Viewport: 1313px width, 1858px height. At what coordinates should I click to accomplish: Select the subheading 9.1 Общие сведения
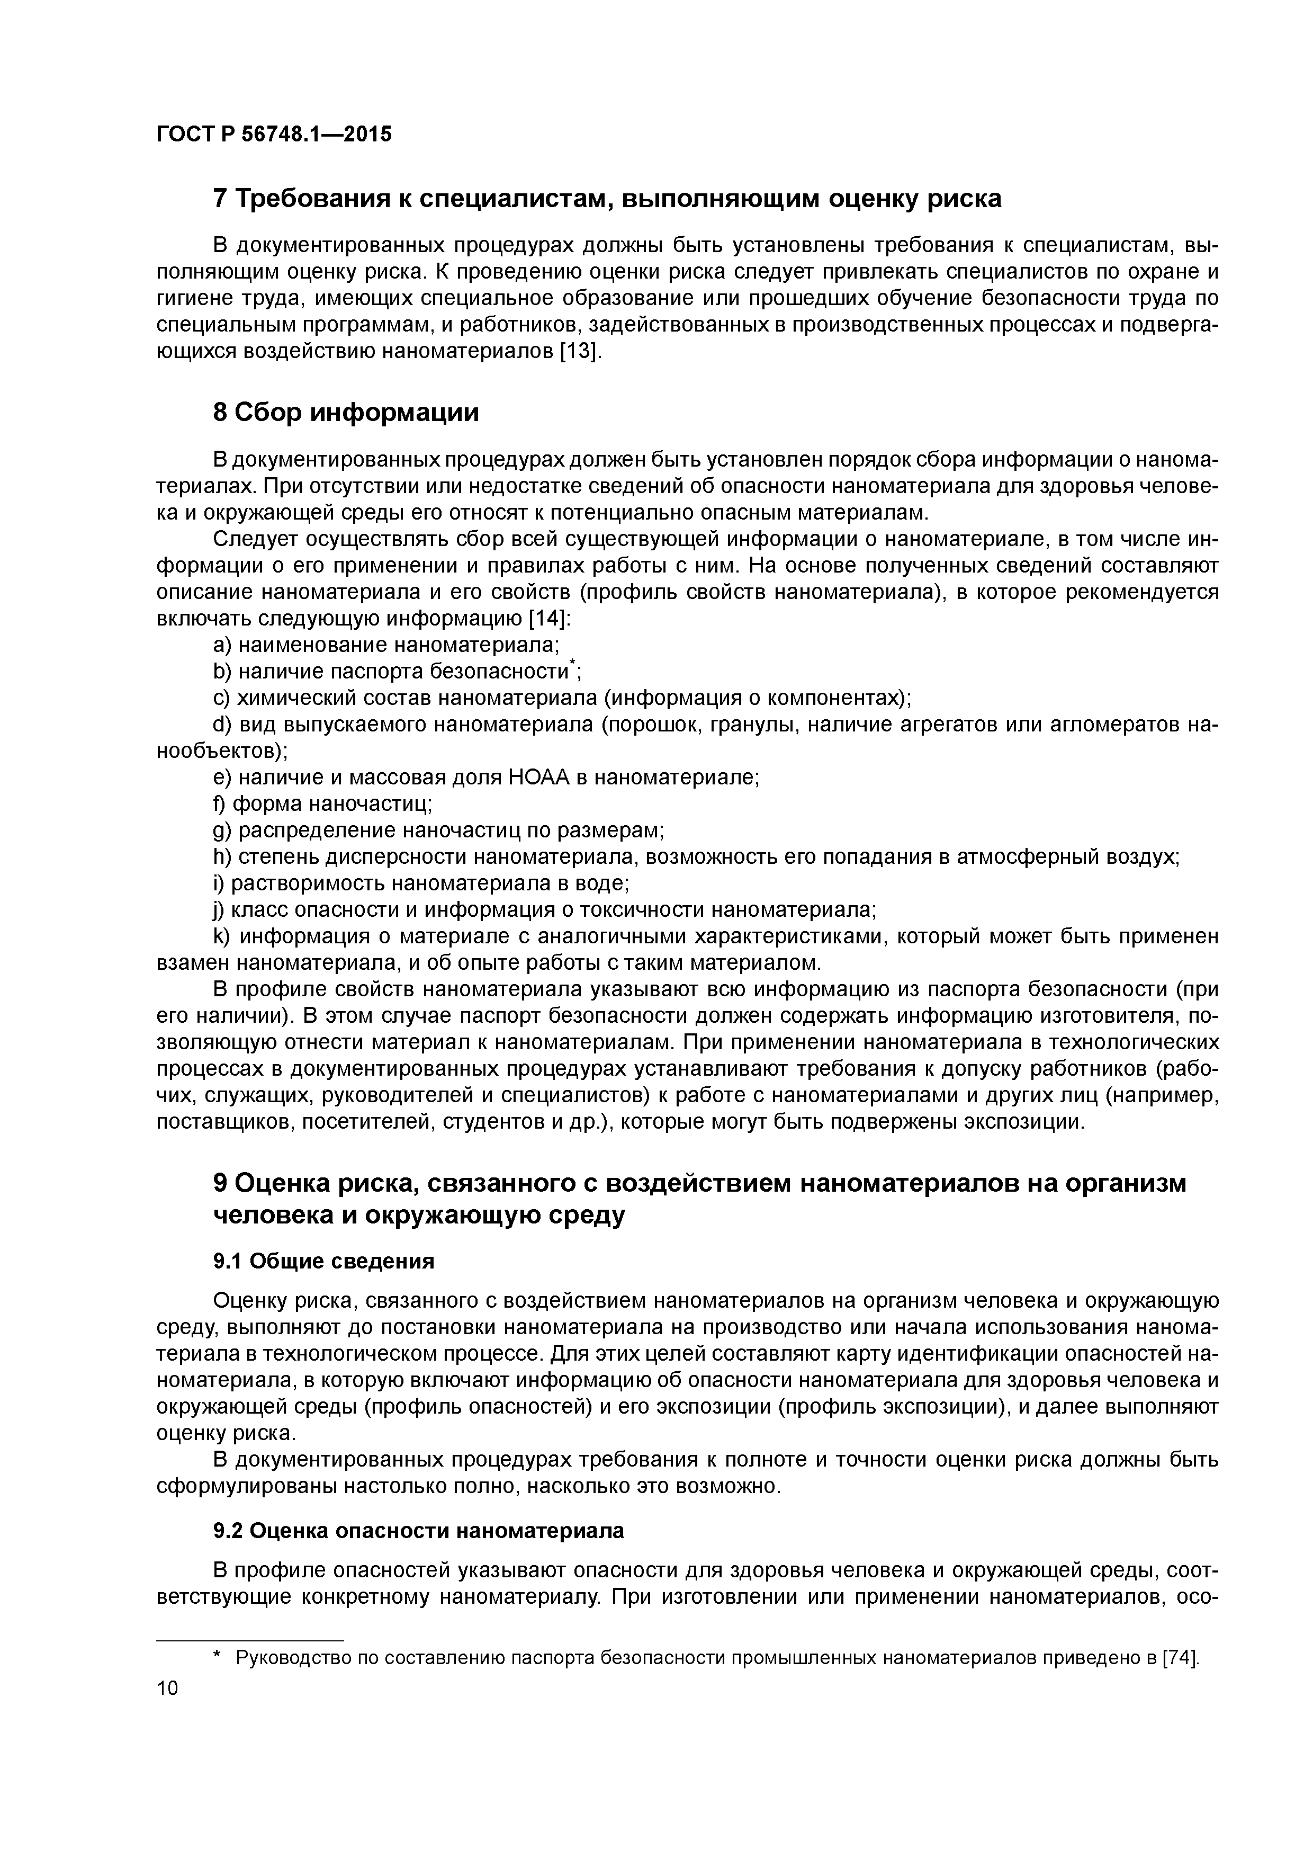click(323, 1262)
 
